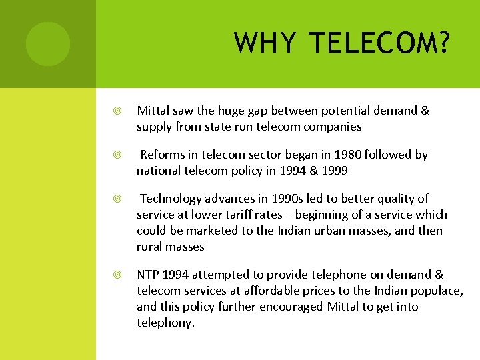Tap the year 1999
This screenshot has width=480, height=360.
point(333,170)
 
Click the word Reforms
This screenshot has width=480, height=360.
point(163,155)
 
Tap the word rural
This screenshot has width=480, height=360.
point(149,247)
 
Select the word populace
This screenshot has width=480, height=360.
point(437,291)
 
